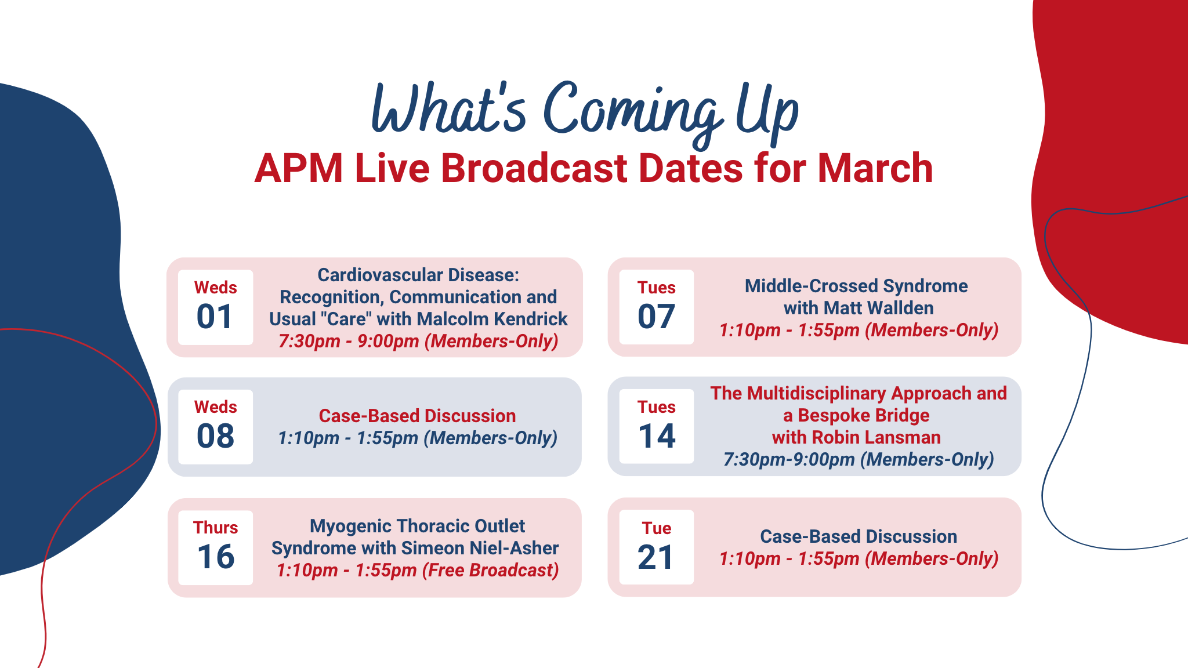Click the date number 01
pyautogui.click(x=215, y=317)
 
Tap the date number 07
pyautogui.click(x=656, y=317)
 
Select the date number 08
pyautogui.click(x=215, y=436)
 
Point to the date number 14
pyautogui.click(x=657, y=436)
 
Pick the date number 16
pyautogui.click(x=216, y=557)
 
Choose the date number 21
pyautogui.click(x=655, y=557)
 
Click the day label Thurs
pyautogui.click(x=215, y=528)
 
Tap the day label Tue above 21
pyautogui.click(x=657, y=528)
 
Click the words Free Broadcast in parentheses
pyautogui.click(x=490, y=570)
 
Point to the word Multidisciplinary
pyautogui.click(x=817, y=393)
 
